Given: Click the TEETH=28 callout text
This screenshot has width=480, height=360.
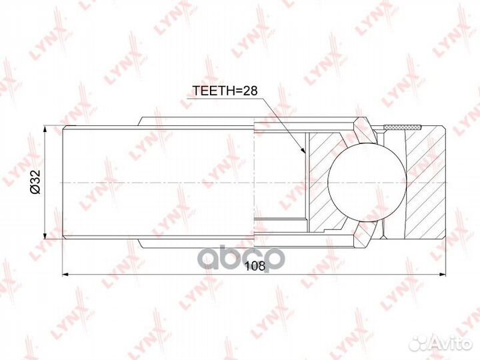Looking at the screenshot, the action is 225,90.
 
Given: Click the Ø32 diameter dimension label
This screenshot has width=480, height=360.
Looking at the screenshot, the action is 35,183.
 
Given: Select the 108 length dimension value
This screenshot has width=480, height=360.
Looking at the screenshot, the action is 255,266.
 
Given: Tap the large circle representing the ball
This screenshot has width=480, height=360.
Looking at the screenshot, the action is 367,181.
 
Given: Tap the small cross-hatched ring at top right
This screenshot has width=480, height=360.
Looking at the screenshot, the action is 403,127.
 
